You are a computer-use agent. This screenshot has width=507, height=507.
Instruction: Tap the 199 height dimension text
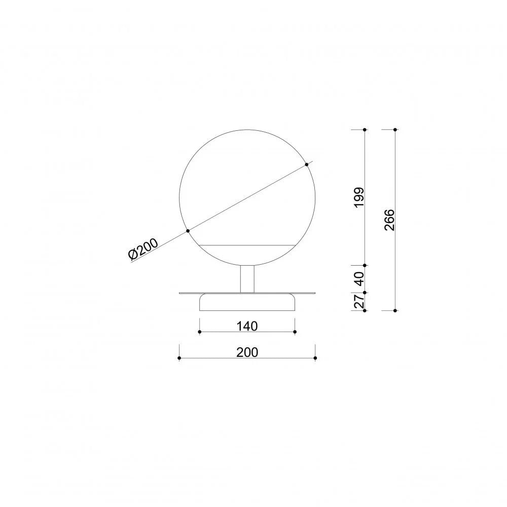point(359,197)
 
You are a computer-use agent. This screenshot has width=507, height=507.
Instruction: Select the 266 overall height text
point(389,220)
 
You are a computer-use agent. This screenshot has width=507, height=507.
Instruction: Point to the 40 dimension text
point(359,279)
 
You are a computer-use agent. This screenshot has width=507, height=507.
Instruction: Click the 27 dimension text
point(359,301)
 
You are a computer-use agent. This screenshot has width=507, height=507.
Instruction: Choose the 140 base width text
point(247,326)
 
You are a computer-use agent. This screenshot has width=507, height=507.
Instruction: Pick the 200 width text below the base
point(247,352)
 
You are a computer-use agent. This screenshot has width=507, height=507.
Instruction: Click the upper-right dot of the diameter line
point(307,165)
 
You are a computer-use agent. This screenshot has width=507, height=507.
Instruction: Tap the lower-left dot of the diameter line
point(188,231)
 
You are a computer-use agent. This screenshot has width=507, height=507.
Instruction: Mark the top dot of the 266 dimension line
point(395,130)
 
